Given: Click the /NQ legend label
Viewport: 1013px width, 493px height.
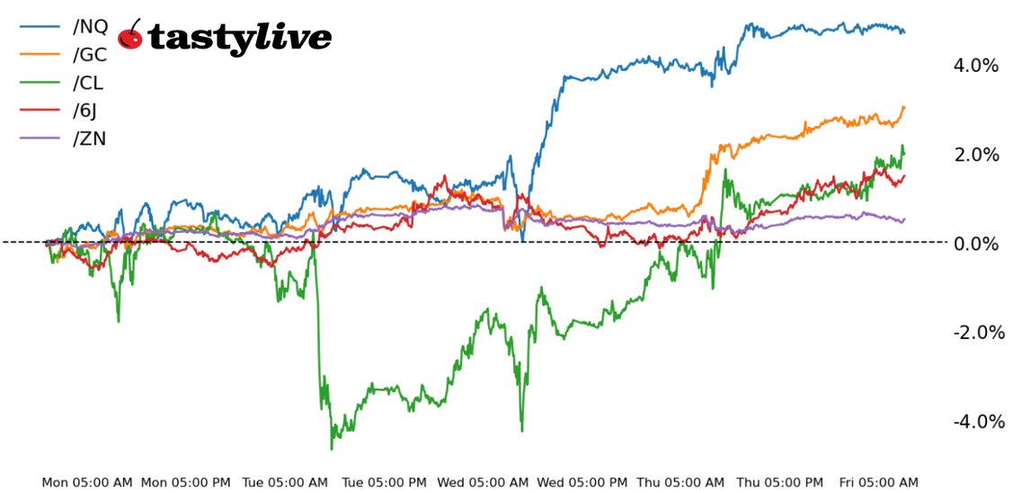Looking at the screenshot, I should coord(89,26).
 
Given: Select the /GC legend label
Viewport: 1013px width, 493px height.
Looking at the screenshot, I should coord(89,54).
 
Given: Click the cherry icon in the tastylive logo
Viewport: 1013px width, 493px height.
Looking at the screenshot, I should coord(131,35).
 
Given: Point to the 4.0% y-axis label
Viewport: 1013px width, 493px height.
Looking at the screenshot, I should coord(975,66).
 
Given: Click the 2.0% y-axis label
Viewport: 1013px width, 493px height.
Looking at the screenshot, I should coord(975,155).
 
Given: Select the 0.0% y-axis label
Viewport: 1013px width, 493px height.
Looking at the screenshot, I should coord(975,244).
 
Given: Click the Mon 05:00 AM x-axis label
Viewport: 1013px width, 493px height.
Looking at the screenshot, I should coord(86,483).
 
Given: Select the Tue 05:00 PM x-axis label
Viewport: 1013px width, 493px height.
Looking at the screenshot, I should coord(385,483).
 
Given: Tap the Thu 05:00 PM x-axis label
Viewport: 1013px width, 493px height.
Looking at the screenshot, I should coord(780,483).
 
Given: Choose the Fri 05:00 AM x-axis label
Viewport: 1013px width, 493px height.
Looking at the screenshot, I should coord(878,483).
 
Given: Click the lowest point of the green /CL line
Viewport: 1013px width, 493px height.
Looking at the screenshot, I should coord(332,448).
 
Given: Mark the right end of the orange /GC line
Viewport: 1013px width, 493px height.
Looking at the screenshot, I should coord(903,107).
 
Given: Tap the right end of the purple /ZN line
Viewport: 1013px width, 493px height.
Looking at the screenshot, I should coord(903,219).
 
